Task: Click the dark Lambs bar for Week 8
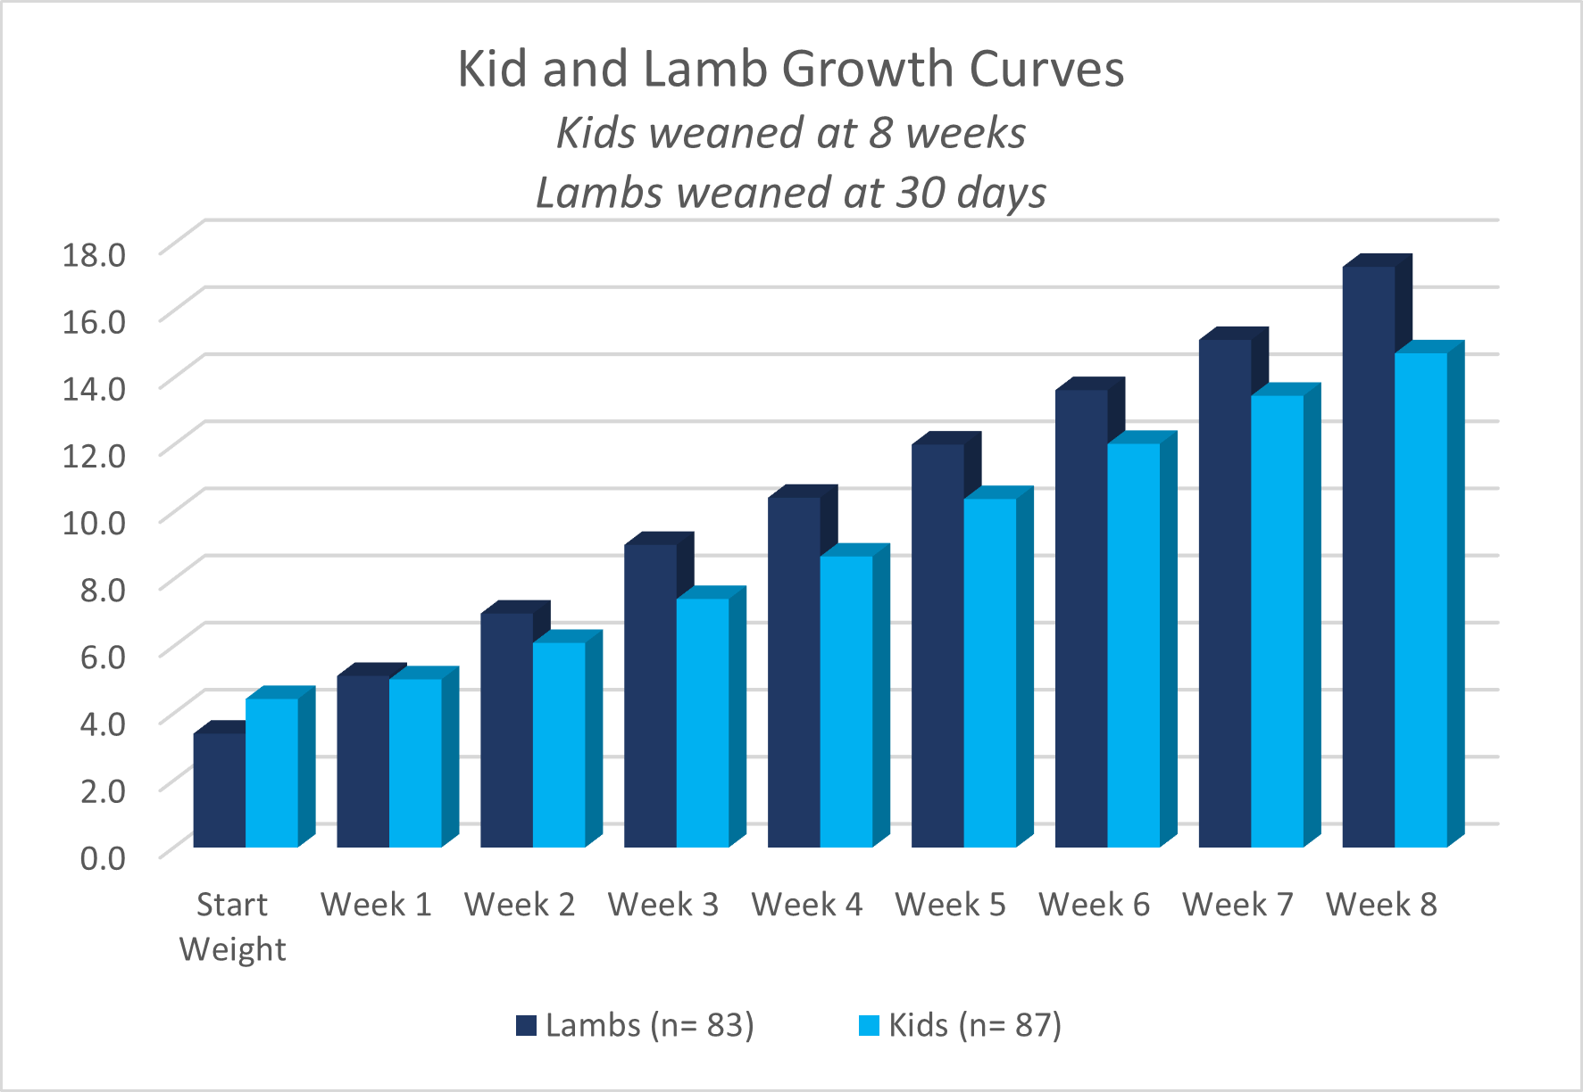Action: pyautogui.click(x=1368, y=553)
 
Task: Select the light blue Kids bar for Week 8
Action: pyautogui.click(x=1421, y=598)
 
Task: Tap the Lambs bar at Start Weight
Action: pyautogui.click(x=219, y=790)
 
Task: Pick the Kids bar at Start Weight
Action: pyautogui.click(x=271, y=772)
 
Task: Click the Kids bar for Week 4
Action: pyautogui.click(x=846, y=700)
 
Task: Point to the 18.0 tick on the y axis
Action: pyautogui.click(x=94, y=254)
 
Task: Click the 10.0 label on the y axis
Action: pyautogui.click(x=94, y=522)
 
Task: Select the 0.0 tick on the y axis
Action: pyautogui.click(x=103, y=857)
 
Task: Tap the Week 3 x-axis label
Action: pyautogui.click(x=662, y=905)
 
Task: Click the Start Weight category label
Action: pyautogui.click(x=232, y=926)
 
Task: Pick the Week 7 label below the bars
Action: pyautogui.click(x=1237, y=905)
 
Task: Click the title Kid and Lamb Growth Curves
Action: pyautogui.click(x=790, y=69)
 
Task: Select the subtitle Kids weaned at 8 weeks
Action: pyautogui.click(x=790, y=134)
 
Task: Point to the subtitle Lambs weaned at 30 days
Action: pyautogui.click(x=790, y=193)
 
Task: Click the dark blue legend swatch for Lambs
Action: pyautogui.click(x=526, y=1026)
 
